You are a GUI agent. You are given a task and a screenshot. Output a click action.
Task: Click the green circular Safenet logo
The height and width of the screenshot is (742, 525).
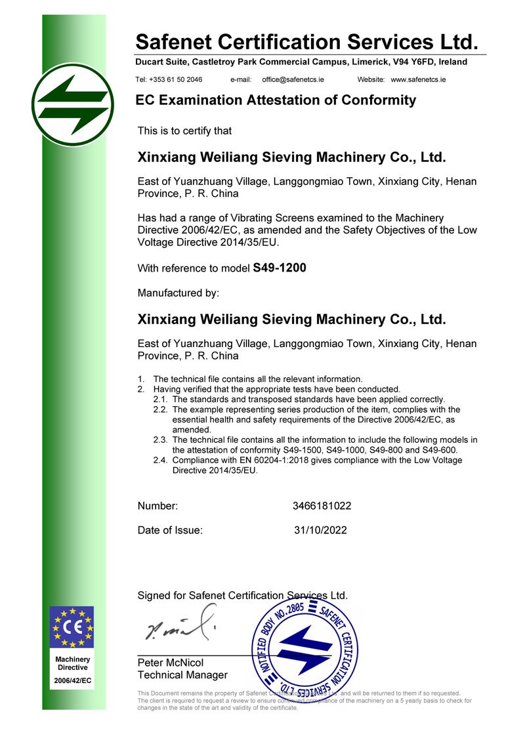72,104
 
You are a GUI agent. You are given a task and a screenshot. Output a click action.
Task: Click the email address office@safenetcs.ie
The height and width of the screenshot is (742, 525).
293,79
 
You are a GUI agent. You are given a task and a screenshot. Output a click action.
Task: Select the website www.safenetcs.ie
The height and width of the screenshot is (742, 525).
418,79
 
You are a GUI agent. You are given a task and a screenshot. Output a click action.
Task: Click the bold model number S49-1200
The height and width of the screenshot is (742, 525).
280,268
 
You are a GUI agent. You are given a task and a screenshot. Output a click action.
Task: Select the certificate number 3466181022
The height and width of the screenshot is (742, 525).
322,506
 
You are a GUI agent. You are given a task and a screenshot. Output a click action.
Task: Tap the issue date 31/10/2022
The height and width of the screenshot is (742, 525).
321,530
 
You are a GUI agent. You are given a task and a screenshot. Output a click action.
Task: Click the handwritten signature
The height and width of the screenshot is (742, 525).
180,625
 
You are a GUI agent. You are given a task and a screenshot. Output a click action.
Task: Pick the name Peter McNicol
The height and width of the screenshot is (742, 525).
171,663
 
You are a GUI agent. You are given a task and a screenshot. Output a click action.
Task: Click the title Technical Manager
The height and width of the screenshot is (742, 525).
182,675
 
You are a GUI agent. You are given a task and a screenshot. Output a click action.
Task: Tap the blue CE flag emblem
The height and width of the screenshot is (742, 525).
72,627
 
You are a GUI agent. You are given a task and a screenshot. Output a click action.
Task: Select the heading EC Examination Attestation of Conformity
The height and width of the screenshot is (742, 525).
276,100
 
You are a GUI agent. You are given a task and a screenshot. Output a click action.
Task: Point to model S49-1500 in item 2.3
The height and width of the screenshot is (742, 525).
304,450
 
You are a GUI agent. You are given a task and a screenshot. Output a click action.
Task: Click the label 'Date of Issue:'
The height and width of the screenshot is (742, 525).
170,530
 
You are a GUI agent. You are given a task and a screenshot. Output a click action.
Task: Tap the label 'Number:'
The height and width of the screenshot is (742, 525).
157,506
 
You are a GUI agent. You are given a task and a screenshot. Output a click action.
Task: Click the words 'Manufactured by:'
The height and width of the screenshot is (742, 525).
178,293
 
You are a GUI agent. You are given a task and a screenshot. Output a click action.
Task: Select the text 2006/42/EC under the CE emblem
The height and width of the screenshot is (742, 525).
72,681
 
